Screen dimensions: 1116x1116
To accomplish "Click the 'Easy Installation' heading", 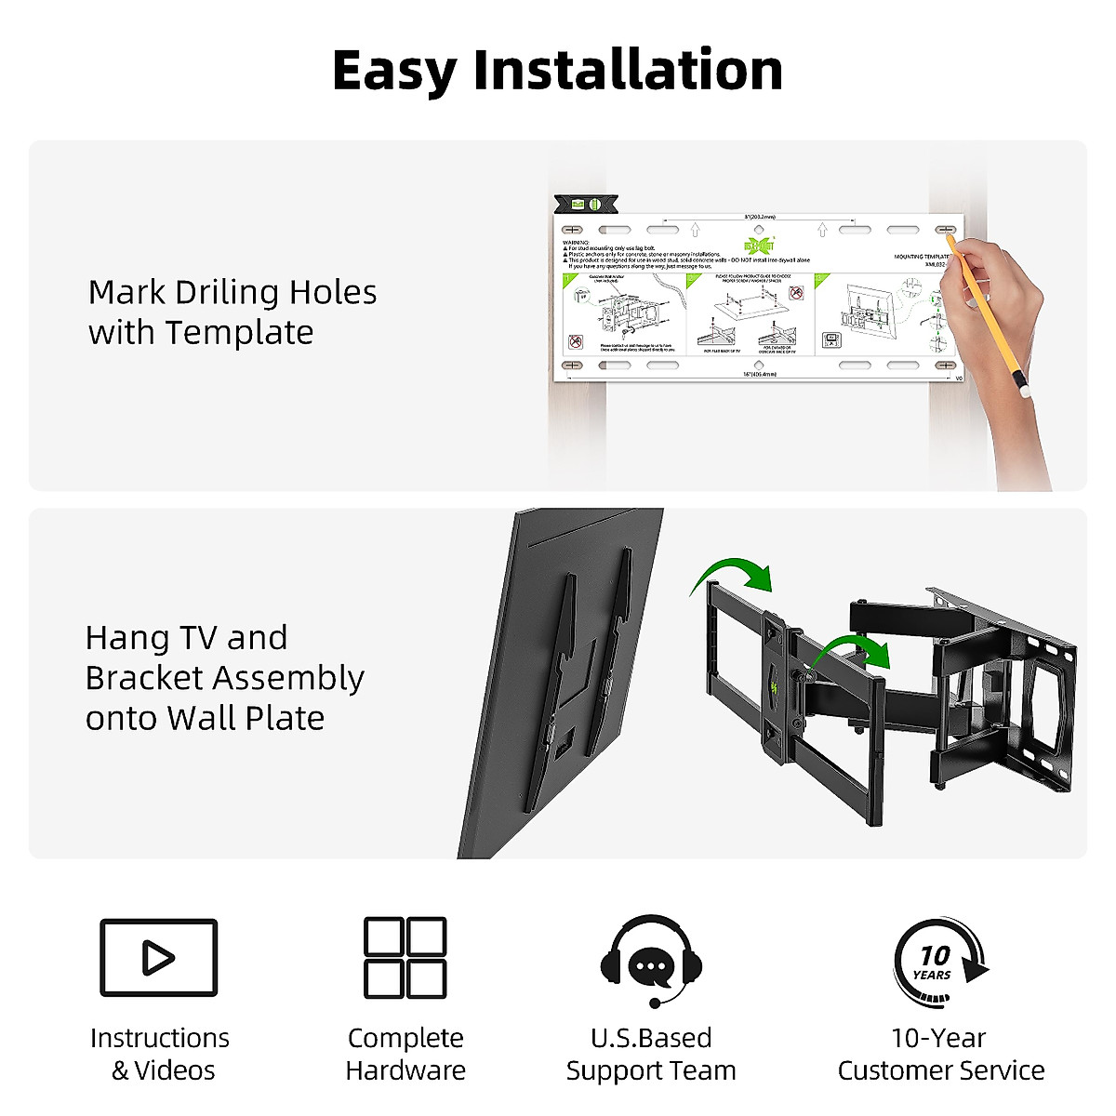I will click(557, 71).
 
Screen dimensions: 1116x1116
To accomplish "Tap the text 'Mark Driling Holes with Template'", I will click(232, 312).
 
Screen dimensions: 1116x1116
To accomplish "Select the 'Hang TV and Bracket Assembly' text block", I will click(224, 678).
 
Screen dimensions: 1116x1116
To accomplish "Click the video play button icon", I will click(158, 958).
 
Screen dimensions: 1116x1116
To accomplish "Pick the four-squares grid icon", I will click(405, 958).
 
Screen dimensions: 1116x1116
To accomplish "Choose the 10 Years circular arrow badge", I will click(939, 963).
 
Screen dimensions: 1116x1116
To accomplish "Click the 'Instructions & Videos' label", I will click(160, 1054).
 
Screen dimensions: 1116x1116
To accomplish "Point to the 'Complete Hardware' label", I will click(405, 1054).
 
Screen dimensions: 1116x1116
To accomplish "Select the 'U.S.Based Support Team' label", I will click(651, 1054).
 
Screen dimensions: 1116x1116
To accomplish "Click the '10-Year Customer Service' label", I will click(940, 1054).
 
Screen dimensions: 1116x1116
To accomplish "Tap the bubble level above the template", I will click(586, 204).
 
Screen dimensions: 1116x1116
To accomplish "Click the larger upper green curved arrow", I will click(735, 573).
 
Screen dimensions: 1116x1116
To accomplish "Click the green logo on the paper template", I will click(758, 246).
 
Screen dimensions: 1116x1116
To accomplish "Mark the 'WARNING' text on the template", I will click(576, 243).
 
